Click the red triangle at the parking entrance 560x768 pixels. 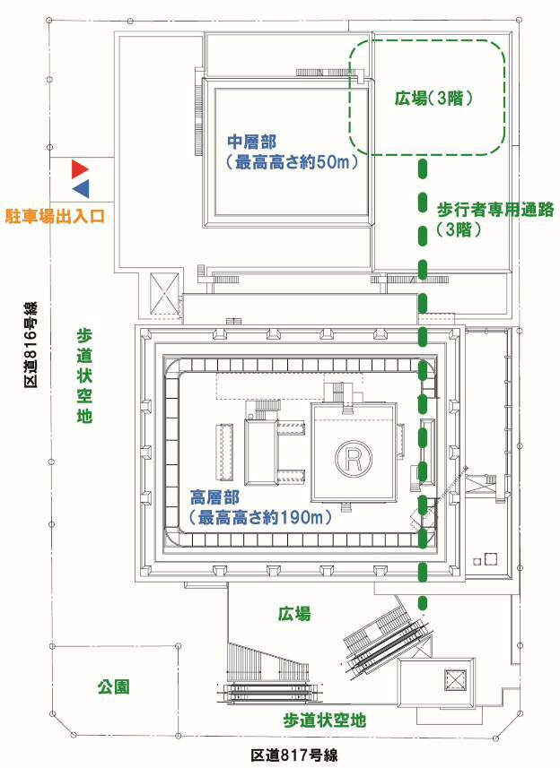(x=81, y=168)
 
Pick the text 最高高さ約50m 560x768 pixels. (x=280, y=163)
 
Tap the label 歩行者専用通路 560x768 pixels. (x=496, y=209)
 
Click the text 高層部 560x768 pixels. (x=213, y=496)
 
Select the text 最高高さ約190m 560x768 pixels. (x=258, y=517)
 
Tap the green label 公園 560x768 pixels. (x=113, y=687)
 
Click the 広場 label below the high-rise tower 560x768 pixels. (x=293, y=614)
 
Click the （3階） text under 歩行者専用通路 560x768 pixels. (x=459, y=230)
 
